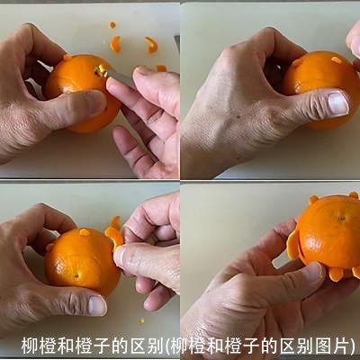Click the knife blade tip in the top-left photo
(x=101, y=69)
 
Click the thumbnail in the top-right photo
(x=337, y=103)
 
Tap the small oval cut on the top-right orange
(x=337, y=60)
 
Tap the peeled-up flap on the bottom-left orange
(x=113, y=235)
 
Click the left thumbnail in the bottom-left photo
(x=96, y=305)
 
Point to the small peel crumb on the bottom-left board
(x=141, y=320)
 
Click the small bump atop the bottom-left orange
(x=84, y=232)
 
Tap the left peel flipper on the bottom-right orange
(x=292, y=244)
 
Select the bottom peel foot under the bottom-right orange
(x=335, y=274)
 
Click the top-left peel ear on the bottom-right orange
(x=313, y=200)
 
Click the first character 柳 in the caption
(x=29, y=346)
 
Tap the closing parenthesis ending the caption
(x=352, y=346)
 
